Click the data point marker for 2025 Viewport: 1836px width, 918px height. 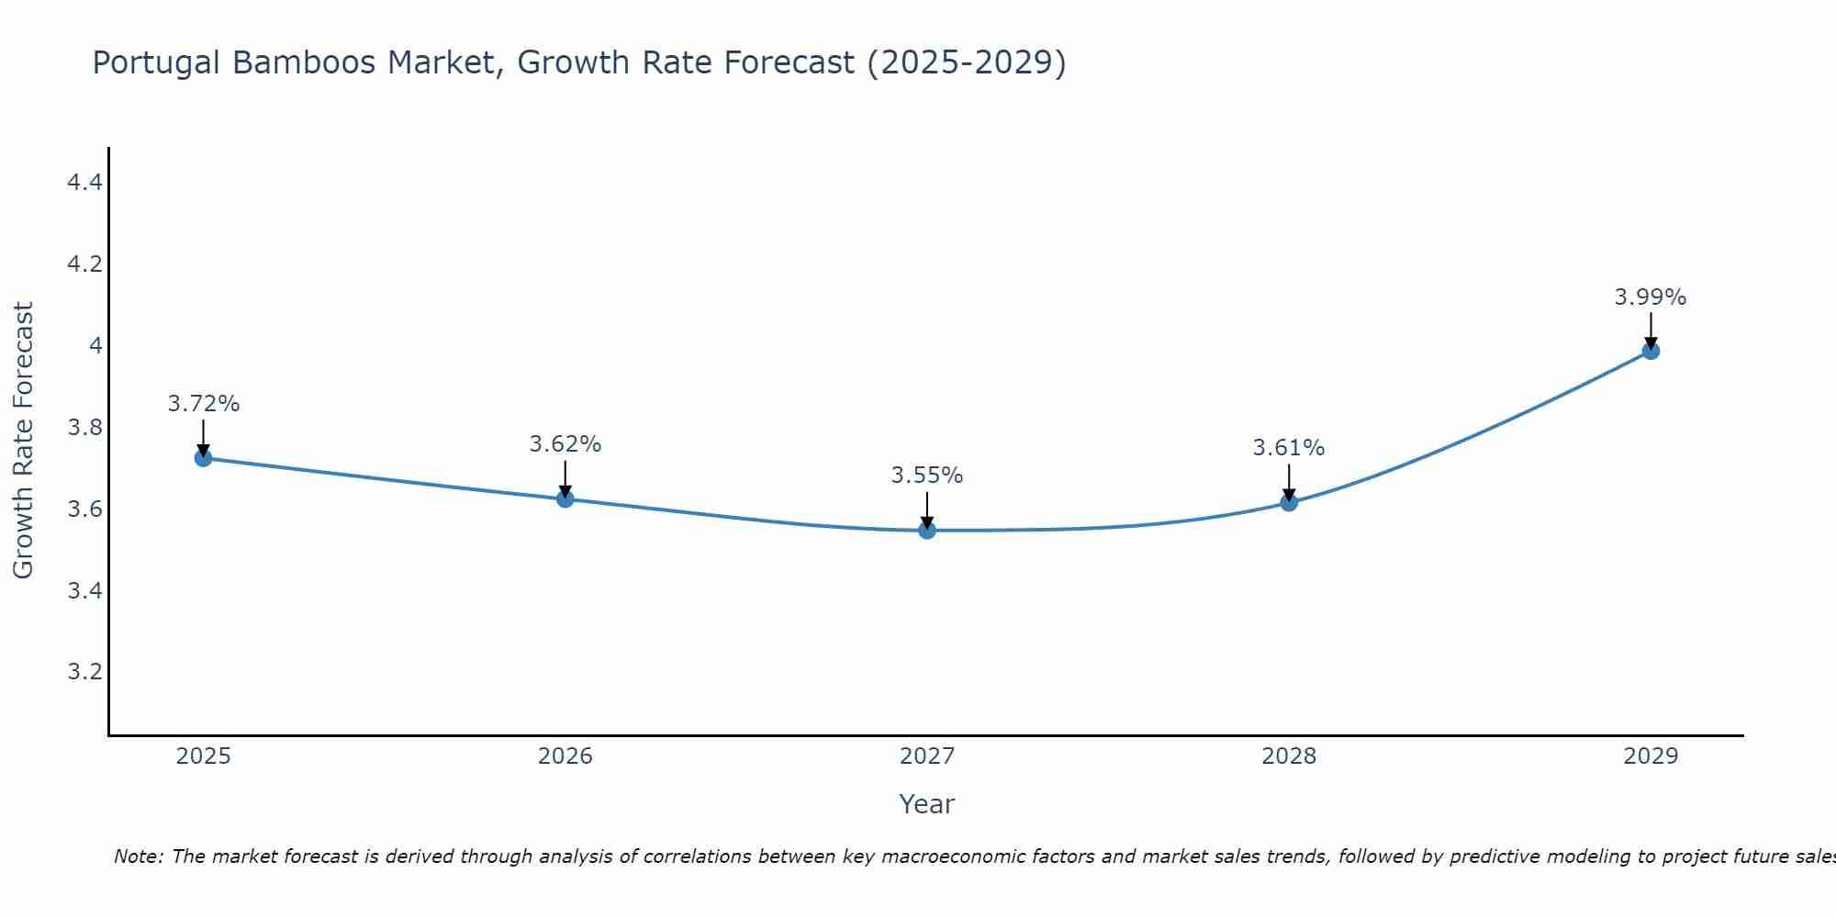coord(204,457)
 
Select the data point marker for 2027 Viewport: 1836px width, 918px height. coord(927,530)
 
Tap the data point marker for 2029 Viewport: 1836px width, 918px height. coord(1651,351)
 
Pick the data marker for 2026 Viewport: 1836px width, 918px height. coord(565,498)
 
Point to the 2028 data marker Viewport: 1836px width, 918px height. coord(1289,502)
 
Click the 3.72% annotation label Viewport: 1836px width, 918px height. coord(204,404)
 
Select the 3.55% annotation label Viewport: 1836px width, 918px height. coord(927,476)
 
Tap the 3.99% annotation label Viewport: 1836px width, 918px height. coord(1651,297)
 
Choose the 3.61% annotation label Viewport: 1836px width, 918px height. coord(1289,448)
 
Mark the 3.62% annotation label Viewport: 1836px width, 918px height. coord(565,444)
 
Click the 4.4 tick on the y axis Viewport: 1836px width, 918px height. coord(84,183)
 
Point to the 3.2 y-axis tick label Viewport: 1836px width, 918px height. coord(84,672)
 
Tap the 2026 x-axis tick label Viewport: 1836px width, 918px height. coord(565,756)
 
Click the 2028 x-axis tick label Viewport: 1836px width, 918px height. coord(1289,756)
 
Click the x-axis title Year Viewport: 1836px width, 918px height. coord(927,804)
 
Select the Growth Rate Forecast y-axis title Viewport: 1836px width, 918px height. coord(23,441)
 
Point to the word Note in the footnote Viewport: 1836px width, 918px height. coord(138,856)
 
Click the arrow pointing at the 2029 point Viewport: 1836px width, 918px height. coord(1651,330)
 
